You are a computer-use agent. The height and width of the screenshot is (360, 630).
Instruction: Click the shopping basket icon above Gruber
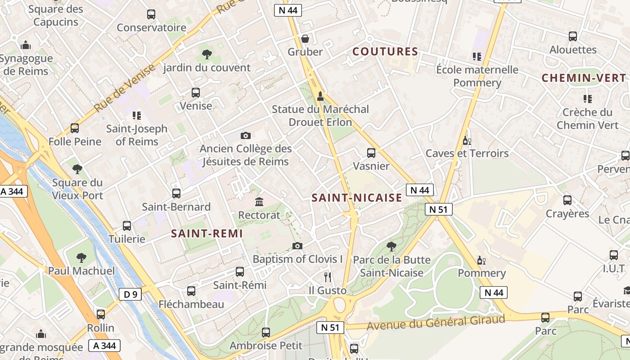point(305,39)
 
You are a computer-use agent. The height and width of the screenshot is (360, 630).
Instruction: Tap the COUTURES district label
point(385,52)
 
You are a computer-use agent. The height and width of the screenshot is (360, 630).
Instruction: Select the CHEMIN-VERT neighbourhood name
point(584,78)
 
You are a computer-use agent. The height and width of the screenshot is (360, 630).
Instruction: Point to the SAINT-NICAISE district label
point(357,198)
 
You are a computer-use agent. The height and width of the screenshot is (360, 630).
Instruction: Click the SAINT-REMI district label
point(207,234)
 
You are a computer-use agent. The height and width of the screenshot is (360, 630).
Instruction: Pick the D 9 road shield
point(130,295)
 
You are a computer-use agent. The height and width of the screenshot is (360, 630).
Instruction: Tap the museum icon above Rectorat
point(259,202)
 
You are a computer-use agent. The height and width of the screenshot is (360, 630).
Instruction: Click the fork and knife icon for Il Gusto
point(328,277)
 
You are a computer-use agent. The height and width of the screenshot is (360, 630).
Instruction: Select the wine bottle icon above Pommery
point(481,260)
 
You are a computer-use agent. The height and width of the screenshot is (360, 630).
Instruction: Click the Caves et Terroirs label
point(467,153)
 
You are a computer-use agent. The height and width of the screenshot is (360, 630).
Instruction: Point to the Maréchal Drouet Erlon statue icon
point(320,96)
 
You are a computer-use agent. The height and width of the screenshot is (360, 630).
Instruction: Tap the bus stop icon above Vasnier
point(371,153)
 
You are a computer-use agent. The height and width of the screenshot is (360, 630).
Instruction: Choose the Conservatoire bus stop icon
point(151,14)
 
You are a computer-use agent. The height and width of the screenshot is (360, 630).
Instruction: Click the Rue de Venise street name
point(125,88)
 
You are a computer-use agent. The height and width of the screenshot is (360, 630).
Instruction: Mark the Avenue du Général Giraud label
point(436,322)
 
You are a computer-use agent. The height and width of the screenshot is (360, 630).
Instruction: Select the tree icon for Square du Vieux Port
point(77,170)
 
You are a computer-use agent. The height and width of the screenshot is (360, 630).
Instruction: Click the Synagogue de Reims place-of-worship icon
point(26,45)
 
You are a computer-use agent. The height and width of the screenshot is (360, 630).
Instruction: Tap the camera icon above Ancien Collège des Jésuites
point(245,135)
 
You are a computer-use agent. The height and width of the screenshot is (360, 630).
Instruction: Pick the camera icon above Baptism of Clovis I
point(297,246)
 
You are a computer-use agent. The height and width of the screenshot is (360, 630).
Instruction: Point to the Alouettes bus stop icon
point(573,36)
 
